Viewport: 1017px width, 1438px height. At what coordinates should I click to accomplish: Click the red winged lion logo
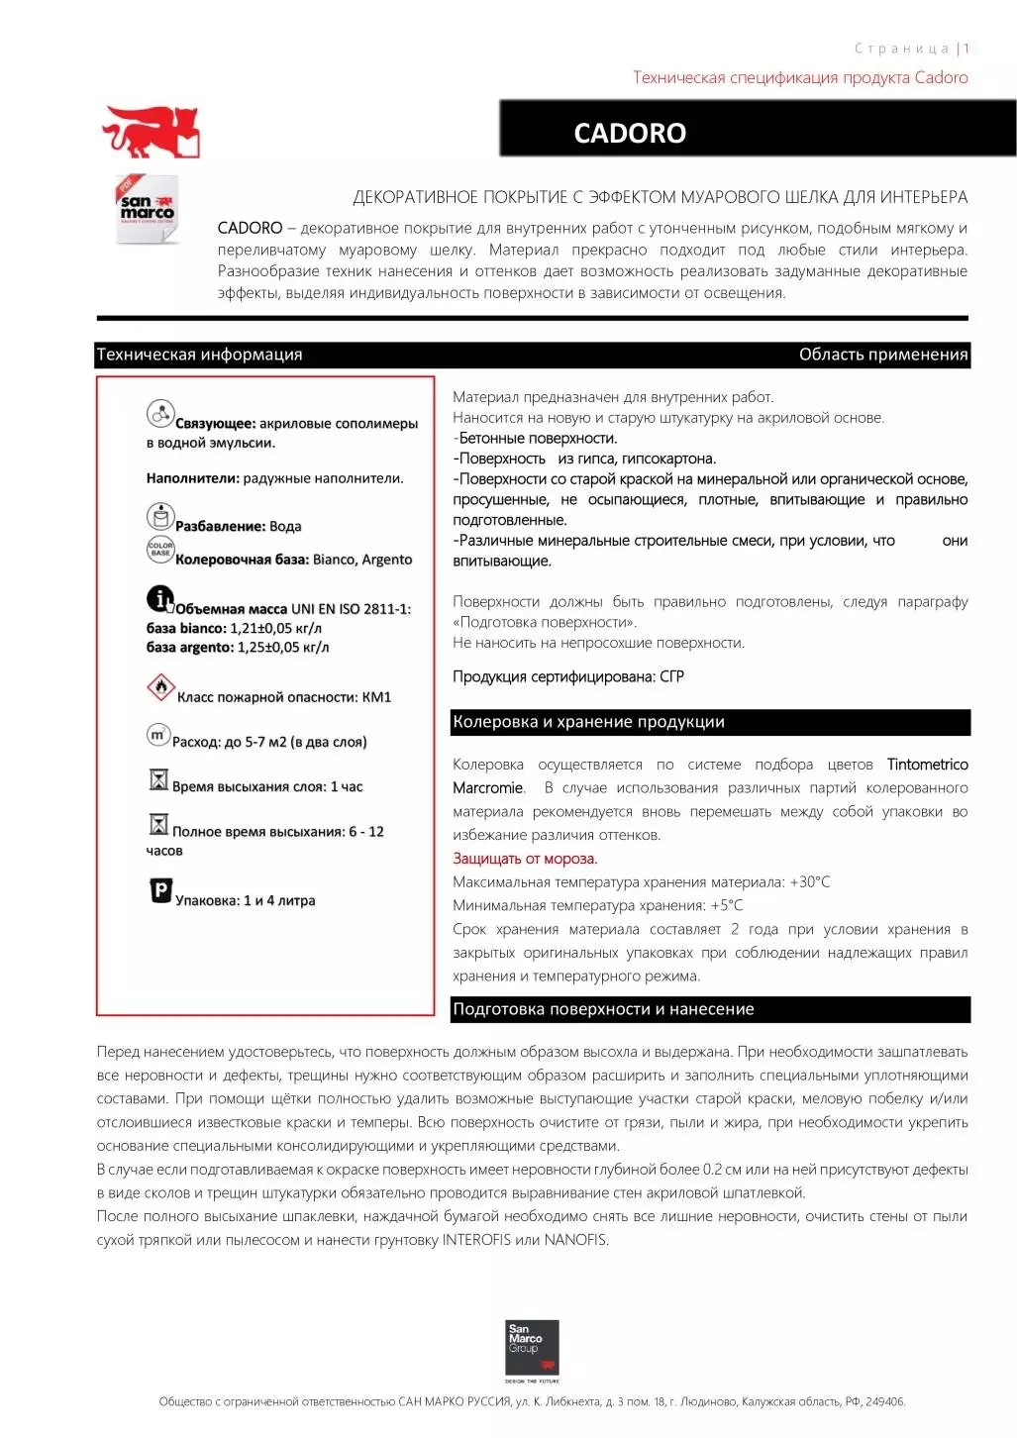(151, 132)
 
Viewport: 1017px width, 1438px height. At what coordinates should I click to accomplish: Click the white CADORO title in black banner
(630, 133)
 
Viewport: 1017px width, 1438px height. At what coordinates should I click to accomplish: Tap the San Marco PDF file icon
(148, 209)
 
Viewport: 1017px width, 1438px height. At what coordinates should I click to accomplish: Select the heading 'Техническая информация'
(199, 355)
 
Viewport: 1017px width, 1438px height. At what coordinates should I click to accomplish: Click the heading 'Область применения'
(882, 355)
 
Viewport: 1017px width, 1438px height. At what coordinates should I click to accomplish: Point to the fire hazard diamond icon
(159, 686)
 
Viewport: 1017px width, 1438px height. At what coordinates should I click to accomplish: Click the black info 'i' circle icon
(159, 598)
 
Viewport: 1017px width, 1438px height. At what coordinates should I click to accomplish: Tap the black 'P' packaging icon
(160, 890)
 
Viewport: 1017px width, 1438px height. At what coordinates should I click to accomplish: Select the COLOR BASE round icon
(159, 549)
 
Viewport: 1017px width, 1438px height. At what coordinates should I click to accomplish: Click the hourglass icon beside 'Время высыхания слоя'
(158, 779)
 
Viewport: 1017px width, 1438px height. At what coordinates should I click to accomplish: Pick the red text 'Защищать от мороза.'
(525, 859)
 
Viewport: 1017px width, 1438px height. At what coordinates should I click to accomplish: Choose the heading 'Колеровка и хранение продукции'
(588, 722)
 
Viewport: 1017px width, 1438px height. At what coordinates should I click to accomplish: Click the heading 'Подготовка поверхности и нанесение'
(603, 1009)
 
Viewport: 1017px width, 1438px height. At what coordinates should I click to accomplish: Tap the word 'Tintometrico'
(927, 765)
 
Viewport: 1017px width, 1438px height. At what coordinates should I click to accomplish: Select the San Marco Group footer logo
(532, 1349)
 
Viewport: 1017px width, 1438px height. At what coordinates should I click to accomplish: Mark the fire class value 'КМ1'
(376, 697)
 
